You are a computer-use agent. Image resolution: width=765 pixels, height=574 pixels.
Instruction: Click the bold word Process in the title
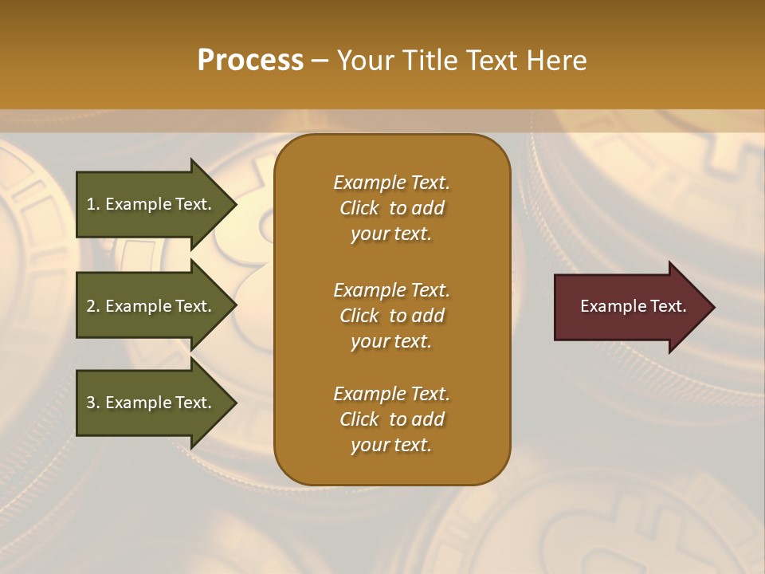coord(250,61)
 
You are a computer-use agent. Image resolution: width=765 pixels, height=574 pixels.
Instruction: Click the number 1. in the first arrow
coord(93,204)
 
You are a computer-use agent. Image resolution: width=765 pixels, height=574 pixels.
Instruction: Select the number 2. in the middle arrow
coord(93,306)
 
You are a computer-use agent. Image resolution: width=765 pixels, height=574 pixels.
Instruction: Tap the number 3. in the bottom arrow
coord(93,403)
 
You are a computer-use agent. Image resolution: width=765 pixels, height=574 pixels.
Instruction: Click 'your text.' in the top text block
coord(391,234)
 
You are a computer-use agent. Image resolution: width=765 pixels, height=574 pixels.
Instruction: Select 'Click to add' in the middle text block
coord(391,316)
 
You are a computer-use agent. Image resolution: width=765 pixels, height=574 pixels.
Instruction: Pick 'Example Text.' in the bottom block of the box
coord(391,394)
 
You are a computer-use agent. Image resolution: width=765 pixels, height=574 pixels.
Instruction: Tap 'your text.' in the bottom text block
coord(391,446)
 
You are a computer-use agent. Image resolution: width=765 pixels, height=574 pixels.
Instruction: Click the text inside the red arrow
coord(633,306)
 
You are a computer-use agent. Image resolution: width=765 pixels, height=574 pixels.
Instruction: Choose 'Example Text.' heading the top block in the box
coord(391,183)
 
